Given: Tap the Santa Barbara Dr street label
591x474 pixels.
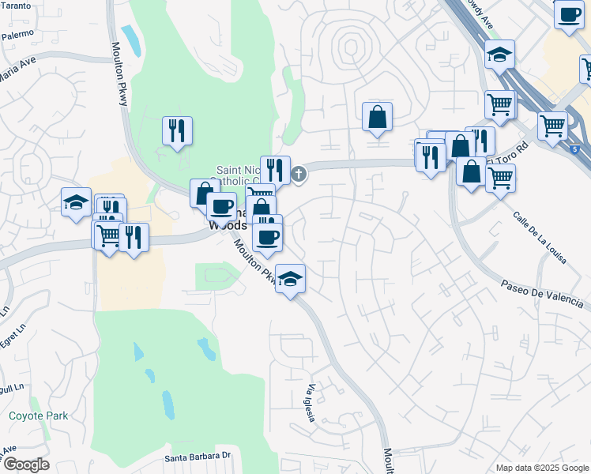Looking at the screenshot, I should coord(198,457).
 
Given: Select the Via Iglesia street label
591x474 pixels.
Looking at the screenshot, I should coord(311,403).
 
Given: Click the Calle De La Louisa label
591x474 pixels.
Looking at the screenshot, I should coord(539,236).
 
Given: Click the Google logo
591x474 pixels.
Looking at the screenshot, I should coord(25,465).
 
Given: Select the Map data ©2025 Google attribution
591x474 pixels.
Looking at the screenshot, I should coord(541,468).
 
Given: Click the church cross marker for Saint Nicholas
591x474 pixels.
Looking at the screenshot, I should coord(299,174).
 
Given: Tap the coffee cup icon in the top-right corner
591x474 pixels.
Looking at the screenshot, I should coord(568,14).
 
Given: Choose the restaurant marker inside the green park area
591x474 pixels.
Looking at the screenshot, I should coord(176,130).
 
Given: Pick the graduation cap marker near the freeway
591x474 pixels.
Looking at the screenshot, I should coord(499,55).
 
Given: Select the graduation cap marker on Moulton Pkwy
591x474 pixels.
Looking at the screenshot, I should coord(291,279).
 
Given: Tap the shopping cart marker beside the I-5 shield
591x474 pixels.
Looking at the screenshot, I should coord(552,125).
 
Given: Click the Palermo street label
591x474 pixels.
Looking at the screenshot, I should coord(17,35).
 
